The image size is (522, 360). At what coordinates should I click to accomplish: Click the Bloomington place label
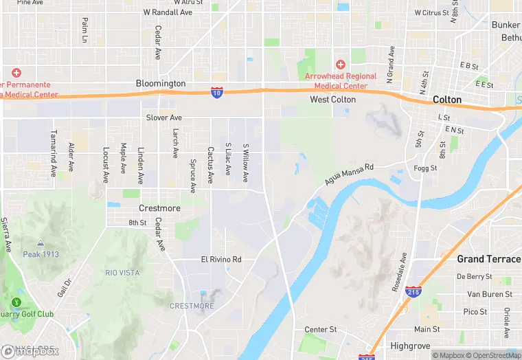point(161,83)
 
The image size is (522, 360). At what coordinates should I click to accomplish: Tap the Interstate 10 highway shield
point(216,91)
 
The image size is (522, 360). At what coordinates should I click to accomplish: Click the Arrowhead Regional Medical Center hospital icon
point(340,64)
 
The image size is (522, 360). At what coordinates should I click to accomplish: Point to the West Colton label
point(333,100)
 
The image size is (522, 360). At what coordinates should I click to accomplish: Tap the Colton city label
point(447,100)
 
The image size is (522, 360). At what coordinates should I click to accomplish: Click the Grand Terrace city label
point(489,259)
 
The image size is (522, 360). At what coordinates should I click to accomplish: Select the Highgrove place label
point(409,345)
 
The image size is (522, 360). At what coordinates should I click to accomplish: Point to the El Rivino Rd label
point(221,260)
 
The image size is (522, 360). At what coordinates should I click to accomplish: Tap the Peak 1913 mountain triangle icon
point(41,243)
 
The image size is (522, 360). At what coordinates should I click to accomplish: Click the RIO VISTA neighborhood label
point(122,273)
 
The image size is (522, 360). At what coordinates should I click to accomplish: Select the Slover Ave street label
point(164,117)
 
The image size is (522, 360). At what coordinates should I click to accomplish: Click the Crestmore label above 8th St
point(159,208)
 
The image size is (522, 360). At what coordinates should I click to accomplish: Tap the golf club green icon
point(16,302)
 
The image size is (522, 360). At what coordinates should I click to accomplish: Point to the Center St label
point(321,330)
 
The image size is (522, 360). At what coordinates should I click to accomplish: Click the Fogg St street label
point(426,168)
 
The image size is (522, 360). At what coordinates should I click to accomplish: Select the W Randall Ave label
point(168,12)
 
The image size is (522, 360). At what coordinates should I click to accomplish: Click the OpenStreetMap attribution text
point(494,355)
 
